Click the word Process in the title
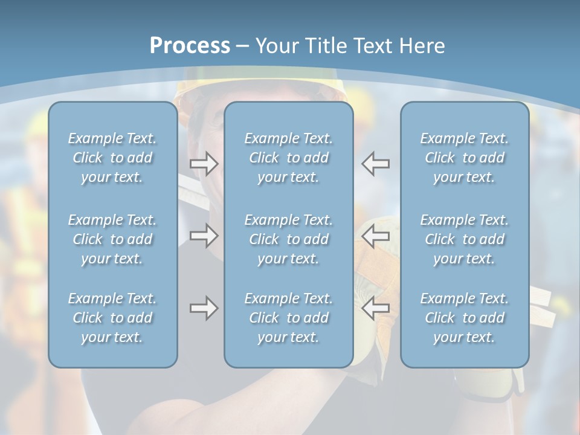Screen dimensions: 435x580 tap(190, 46)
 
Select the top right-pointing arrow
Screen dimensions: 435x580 tap(204, 164)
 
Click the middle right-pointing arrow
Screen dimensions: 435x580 tap(204, 236)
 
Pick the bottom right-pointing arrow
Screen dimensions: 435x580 tap(204, 308)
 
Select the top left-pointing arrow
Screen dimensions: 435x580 tap(376, 164)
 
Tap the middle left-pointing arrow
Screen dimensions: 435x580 tap(376, 236)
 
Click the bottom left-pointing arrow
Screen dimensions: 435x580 tap(376, 308)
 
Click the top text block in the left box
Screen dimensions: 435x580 tap(112, 158)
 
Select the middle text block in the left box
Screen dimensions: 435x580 tap(112, 239)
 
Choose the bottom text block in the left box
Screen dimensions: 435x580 tap(112, 318)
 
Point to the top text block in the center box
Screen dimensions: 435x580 tap(288, 158)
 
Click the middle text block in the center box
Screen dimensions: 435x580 tap(288, 239)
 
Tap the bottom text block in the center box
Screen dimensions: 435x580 tap(288, 318)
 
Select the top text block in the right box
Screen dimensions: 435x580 tap(464, 158)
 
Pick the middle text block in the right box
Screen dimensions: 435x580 tap(464, 239)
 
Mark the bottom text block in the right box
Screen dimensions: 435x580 tap(464, 318)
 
